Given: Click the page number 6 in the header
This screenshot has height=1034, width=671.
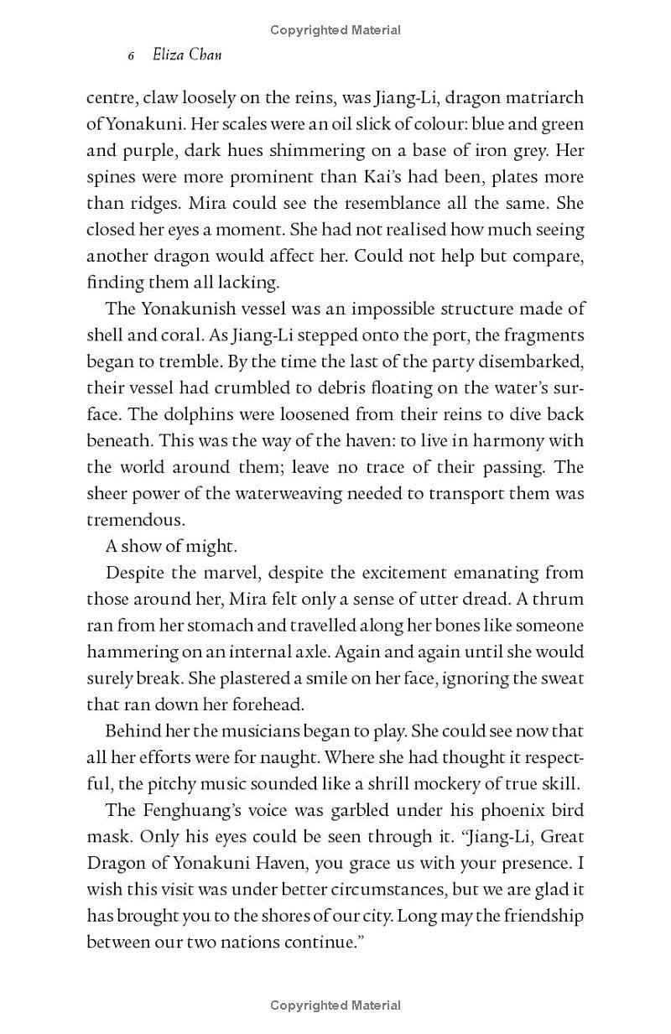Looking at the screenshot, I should (x=132, y=56).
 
